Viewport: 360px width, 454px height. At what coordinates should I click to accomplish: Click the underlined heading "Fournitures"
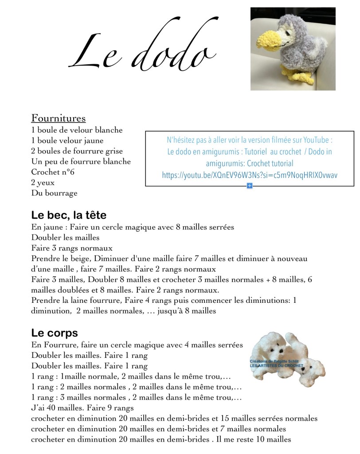(x=58, y=118)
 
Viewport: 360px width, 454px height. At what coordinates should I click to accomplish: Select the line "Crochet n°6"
(x=52, y=172)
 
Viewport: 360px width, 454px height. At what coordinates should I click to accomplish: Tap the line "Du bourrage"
(x=54, y=193)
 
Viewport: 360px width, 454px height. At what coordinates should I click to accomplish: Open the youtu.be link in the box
(x=250, y=175)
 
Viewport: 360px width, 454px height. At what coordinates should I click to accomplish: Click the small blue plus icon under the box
(x=249, y=186)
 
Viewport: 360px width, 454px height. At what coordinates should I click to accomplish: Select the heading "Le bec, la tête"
(x=69, y=215)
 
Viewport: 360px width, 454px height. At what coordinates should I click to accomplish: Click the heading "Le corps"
(x=55, y=333)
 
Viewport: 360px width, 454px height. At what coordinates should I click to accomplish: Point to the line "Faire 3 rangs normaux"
(x=72, y=248)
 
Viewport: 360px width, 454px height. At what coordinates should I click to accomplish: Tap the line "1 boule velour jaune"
(x=67, y=141)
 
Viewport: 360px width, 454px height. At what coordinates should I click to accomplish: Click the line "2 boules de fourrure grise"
(x=77, y=151)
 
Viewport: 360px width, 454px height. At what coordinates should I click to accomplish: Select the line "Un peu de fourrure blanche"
(x=81, y=161)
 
